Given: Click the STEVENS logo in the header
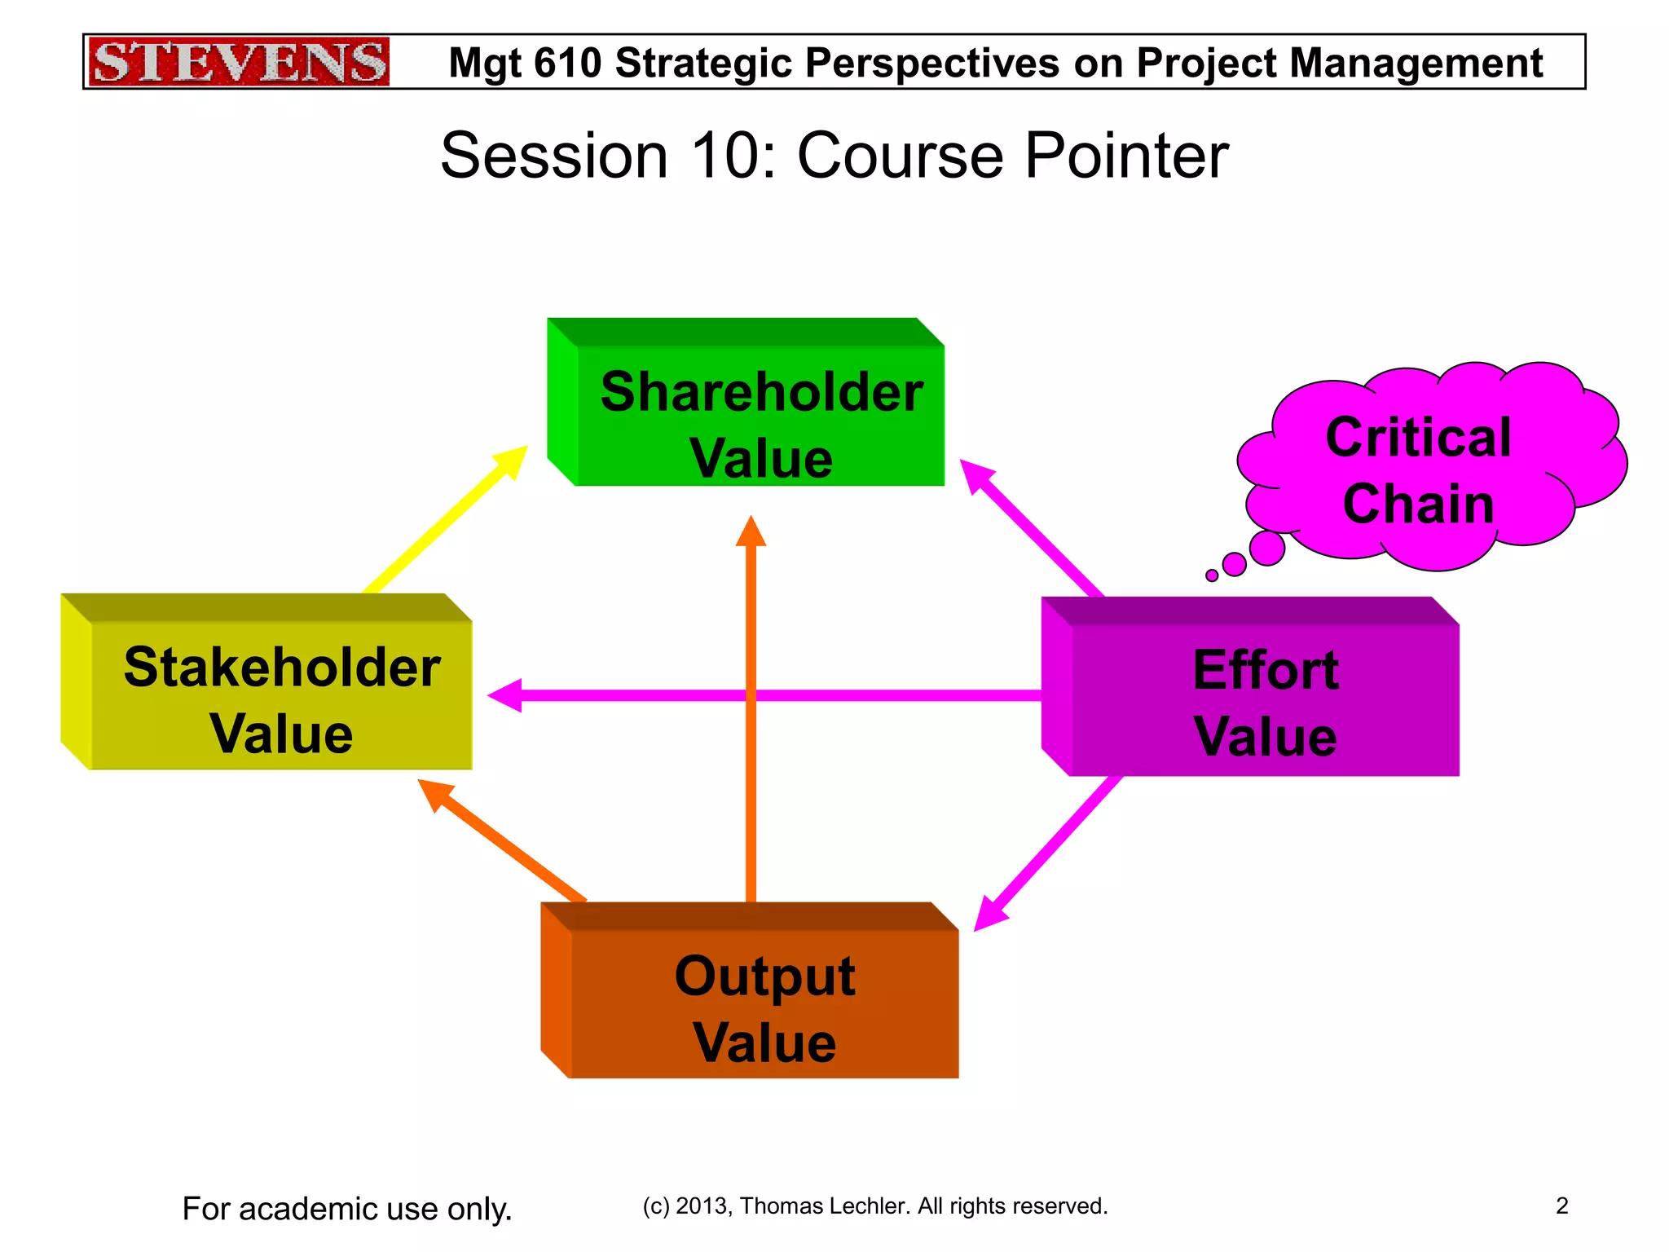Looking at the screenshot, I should pos(238,62).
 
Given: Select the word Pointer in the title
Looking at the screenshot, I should pos(1126,156).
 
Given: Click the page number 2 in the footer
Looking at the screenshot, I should pos(1561,1206).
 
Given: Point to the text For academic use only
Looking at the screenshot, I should pos(347,1208).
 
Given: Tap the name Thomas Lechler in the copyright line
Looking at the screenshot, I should pos(825,1206).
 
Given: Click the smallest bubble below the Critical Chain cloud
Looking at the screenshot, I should pos(1212,575).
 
